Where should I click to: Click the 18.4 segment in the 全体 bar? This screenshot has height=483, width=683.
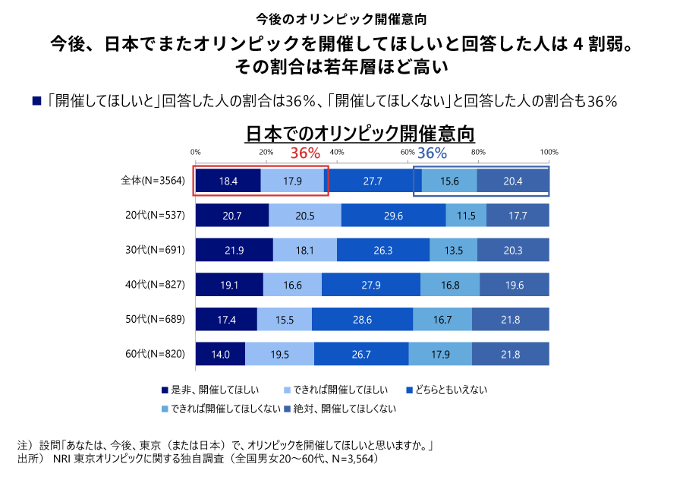pyautogui.click(x=228, y=181)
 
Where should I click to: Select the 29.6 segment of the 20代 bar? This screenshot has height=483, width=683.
pyautogui.click(x=393, y=216)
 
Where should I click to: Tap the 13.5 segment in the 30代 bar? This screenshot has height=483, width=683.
pyautogui.click(x=453, y=250)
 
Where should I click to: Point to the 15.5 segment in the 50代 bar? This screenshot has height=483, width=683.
pyautogui.click(x=285, y=320)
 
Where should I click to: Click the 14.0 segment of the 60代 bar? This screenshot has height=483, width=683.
pyautogui.click(x=220, y=355)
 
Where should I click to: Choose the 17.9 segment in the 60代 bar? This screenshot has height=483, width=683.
pyautogui.click(x=440, y=355)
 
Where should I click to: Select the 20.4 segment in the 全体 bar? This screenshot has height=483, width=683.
pyautogui.click(x=513, y=181)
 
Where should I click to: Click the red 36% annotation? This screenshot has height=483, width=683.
pyautogui.click(x=306, y=153)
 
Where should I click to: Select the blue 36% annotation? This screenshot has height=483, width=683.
pyautogui.click(x=432, y=153)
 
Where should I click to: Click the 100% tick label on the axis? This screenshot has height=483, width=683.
pyautogui.click(x=549, y=152)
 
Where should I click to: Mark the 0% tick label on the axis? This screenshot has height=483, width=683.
pyautogui.click(x=196, y=152)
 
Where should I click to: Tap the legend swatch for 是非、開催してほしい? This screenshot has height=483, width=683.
pyautogui.click(x=165, y=390)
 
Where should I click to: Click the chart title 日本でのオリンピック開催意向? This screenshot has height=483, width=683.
pyautogui.click(x=360, y=134)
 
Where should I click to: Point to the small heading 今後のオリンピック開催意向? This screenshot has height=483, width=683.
pyautogui.click(x=341, y=17)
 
